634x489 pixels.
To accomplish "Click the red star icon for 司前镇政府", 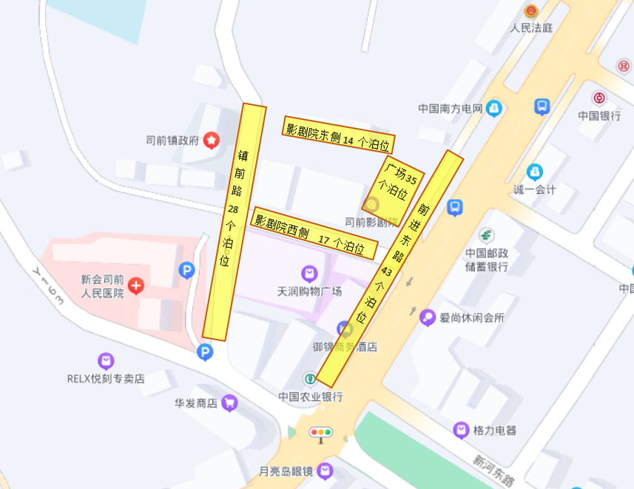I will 212,139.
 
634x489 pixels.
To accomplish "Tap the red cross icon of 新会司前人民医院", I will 136,285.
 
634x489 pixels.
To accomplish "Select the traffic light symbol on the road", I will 321,432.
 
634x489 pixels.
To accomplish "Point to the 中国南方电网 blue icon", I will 493,109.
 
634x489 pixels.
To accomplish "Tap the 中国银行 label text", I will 599,115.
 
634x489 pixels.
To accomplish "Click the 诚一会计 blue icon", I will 535,172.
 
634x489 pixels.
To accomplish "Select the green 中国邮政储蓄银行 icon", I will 485,235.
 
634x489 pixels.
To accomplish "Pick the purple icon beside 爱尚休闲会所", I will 428,317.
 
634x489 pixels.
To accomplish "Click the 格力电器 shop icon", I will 462,430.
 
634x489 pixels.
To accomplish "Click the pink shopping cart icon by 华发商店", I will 229,403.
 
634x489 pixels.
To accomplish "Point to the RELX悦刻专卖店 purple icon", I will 107,361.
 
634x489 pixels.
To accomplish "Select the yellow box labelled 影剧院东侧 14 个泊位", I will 339,134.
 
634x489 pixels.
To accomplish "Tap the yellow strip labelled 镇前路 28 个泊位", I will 234,222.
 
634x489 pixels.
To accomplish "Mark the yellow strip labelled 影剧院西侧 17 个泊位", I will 315,232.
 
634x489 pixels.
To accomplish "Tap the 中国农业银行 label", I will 311,397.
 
